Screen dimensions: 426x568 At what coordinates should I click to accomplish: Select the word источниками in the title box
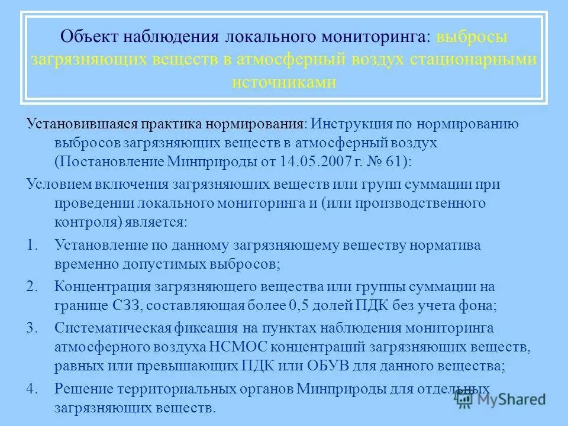pyautogui.click(x=283, y=82)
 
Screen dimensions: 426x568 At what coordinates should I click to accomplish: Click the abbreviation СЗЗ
pyautogui.click(x=124, y=306)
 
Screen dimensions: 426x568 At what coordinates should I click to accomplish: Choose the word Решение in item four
pyautogui.click(x=79, y=389)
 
